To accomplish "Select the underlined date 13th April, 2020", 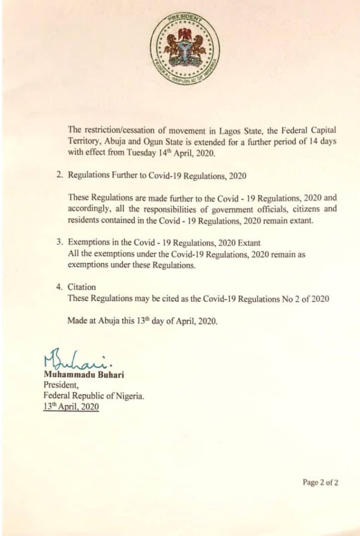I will click(x=71, y=407).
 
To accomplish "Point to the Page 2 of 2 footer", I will click(x=320, y=483).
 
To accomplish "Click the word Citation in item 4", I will click(x=83, y=287).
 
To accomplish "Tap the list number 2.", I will click(x=60, y=177).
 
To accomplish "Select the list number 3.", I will click(x=60, y=243).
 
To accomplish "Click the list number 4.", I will click(x=60, y=287).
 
